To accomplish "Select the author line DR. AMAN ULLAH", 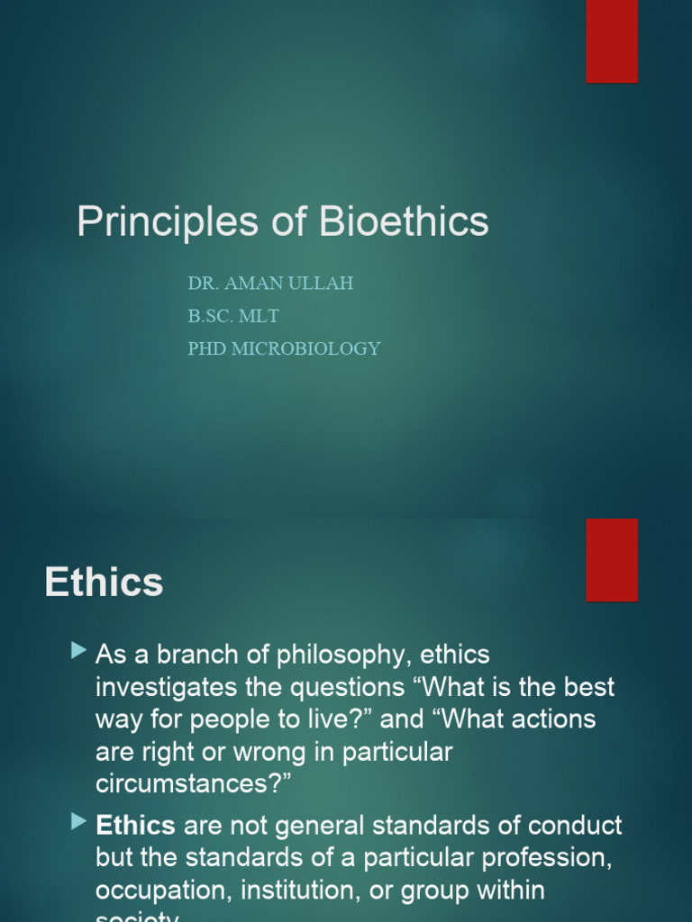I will click(x=270, y=283).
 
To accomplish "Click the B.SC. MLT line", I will click(x=233, y=315).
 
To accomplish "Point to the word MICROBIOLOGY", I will click(x=305, y=348).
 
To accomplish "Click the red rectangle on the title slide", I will click(x=612, y=41).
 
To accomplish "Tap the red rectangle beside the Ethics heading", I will click(x=612, y=559).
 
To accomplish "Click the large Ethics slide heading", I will click(x=104, y=583).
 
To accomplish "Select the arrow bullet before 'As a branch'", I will click(x=80, y=649).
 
